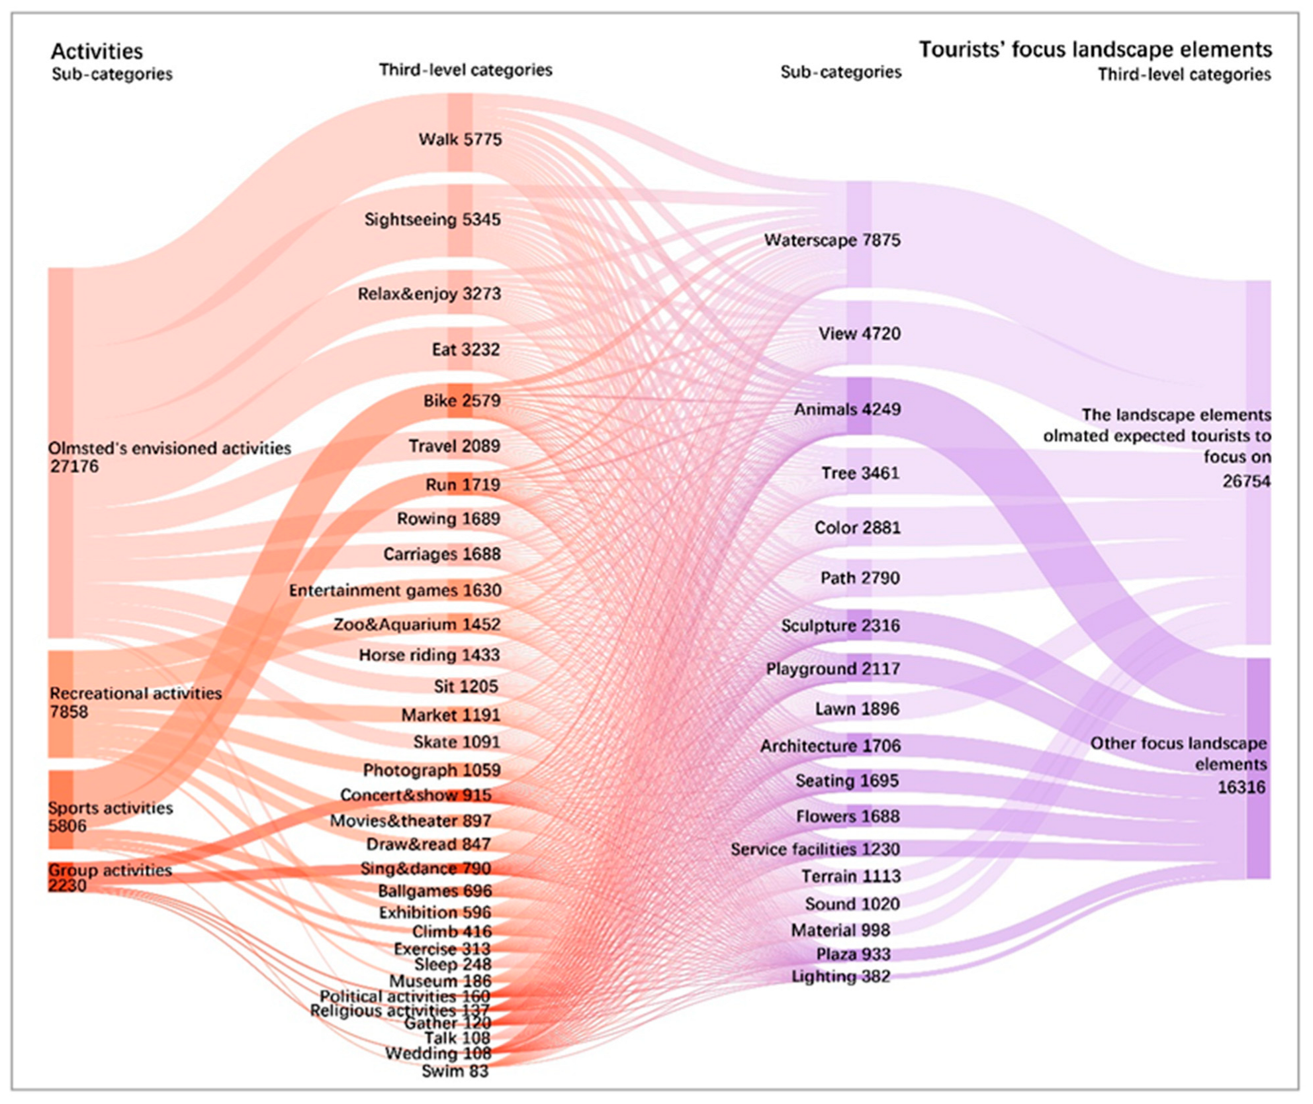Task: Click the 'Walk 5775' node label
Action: (x=460, y=140)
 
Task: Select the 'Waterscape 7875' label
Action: (x=832, y=240)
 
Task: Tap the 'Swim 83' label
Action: (x=455, y=1071)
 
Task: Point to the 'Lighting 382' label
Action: (x=840, y=976)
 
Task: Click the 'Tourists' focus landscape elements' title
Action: (x=1095, y=50)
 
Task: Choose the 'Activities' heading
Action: (x=97, y=51)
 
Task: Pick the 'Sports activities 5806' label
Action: (x=110, y=817)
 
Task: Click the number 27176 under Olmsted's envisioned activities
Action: (x=74, y=467)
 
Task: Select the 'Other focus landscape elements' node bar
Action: (x=1258, y=768)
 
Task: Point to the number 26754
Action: (x=1246, y=481)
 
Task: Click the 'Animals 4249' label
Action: (x=846, y=409)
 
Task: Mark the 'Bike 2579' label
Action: (x=461, y=401)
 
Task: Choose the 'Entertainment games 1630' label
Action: (x=394, y=590)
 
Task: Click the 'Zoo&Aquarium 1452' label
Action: (x=416, y=625)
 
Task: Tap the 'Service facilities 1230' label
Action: (x=815, y=849)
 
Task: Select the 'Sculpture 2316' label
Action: (x=840, y=626)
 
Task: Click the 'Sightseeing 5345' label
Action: (x=432, y=220)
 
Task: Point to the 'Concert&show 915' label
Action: (x=415, y=795)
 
